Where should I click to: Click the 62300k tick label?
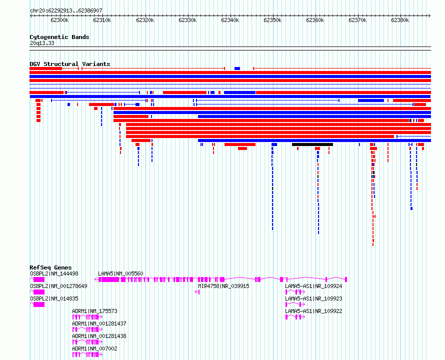(x=59, y=20)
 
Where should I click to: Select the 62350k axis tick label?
(x=272, y=20)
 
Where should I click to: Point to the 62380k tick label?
(x=400, y=20)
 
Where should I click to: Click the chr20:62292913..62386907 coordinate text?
(x=66, y=11)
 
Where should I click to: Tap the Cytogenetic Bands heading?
(x=59, y=37)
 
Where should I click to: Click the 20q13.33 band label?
(x=42, y=43)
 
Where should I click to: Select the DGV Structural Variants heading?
(x=70, y=64)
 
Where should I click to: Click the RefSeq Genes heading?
(x=50, y=267)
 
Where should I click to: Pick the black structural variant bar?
(x=312, y=144)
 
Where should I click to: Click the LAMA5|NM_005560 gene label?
(x=120, y=273)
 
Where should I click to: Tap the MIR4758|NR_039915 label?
(x=223, y=286)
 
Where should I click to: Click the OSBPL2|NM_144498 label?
(x=54, y=273)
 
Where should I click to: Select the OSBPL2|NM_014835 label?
(x=54, y=298)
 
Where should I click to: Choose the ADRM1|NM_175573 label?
(x=95, y=311)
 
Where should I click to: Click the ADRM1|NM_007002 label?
(x=95, y=348)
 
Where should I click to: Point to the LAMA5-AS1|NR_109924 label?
(x=313, y=286)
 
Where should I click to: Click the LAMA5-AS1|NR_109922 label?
(x=313, y=311)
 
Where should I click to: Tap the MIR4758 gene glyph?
(x=197, y=292)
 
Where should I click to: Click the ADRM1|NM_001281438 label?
(x=99, y=336)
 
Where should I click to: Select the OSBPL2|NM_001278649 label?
(x=58, y=286)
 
